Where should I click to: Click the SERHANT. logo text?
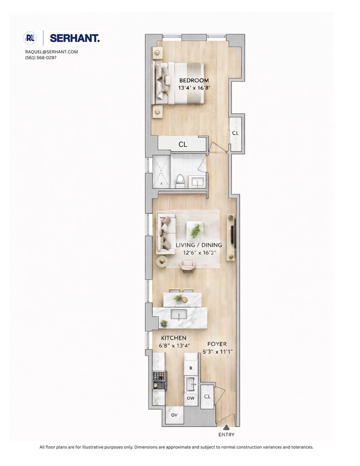75,38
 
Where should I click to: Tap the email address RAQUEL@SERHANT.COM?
52,52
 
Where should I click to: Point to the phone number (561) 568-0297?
41,58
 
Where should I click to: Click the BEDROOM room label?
194,80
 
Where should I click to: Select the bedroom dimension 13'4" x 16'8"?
194,88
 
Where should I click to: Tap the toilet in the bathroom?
180,180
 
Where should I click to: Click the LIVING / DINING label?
199,245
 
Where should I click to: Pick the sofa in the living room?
165,232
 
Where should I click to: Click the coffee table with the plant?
196,230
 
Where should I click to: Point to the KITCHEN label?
174,338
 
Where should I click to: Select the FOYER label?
217,344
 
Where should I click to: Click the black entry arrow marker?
226,427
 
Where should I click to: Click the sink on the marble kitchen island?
178,314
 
